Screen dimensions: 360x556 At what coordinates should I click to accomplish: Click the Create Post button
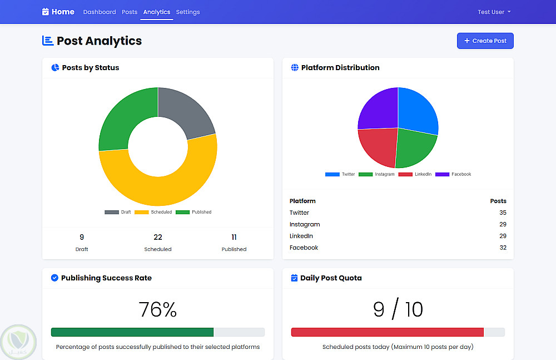point(485,41)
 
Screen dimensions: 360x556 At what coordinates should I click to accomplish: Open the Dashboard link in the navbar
point(100,12)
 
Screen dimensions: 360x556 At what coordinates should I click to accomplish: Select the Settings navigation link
point(188,12)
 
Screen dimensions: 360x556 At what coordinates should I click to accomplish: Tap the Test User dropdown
point(494,12)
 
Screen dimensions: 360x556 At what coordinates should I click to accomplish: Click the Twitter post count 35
point(503,213)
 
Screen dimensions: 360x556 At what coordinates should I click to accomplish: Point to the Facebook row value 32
point(503,248)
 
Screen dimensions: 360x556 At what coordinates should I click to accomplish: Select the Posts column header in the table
point(498,201)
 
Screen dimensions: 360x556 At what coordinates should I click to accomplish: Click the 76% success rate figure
point(158,310)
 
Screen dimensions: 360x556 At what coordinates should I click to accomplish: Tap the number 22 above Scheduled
point(158,238)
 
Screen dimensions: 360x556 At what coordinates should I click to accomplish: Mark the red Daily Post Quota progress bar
point(387,332)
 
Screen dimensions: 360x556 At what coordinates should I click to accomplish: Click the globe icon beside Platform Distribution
point(295,68)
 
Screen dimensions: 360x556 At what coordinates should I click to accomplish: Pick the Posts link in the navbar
point(130,12)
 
